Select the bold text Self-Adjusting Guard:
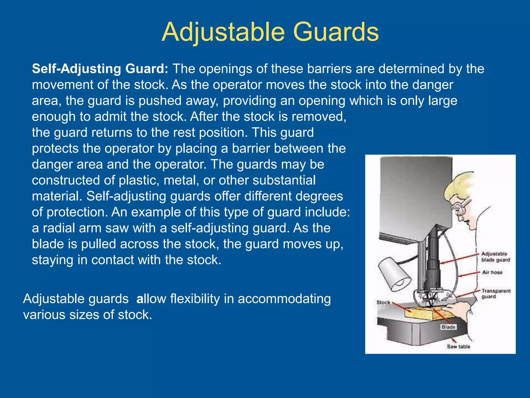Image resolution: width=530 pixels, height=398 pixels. pyautogui.click(x=100, y=69)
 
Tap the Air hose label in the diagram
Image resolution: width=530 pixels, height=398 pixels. pyautogui.click(x=492, y=272)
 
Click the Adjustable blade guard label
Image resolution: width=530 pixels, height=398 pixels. pyautogui.click(x=495, y=257)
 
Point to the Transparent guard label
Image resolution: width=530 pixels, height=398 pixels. pyautogui.click(x=496, y=294)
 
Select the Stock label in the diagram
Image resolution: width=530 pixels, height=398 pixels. pyautogui.click(x=383, y=302)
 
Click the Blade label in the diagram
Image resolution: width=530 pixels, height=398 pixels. pyautogui.click(x=448, y=327)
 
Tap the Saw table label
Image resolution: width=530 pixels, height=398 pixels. pyautogui.click(x=458, y=346)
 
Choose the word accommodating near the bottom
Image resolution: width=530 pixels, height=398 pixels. pyautogui.click(x=284, y=299)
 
